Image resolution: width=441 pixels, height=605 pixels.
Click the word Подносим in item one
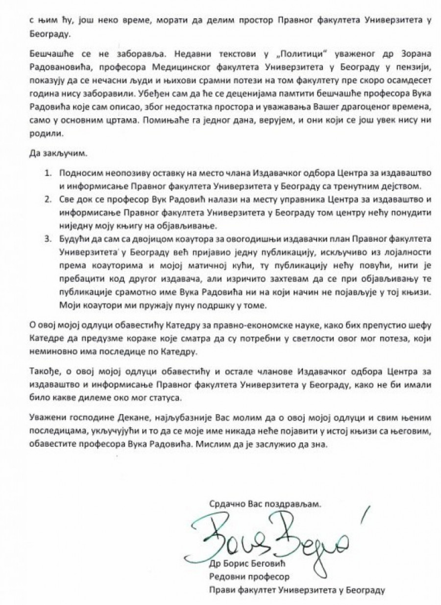(79, 173)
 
